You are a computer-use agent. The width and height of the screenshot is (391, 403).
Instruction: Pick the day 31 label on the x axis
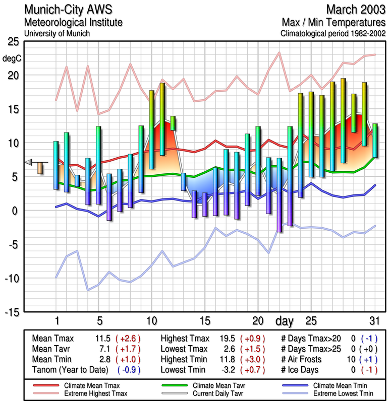click(x=374, y=321)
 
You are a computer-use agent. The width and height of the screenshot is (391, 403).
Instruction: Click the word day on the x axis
click(x=285, y=321)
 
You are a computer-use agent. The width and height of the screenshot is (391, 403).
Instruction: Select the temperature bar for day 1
click(x=56, y=165)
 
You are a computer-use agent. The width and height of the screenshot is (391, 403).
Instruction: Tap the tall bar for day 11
click(x=162, y=119)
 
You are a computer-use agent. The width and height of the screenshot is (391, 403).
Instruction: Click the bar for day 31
click(x=375, y=140)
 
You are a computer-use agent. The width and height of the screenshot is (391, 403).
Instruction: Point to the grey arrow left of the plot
click(x=29, y=162)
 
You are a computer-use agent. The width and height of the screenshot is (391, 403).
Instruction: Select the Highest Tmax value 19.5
click(x=228, y=338)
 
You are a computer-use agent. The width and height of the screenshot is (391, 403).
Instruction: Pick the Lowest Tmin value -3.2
click(x=227, y=370)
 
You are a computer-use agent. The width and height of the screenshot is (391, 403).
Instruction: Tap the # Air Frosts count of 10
click(x=351, y=359)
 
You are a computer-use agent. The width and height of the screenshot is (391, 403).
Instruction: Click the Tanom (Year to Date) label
click(x=70, y=370)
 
